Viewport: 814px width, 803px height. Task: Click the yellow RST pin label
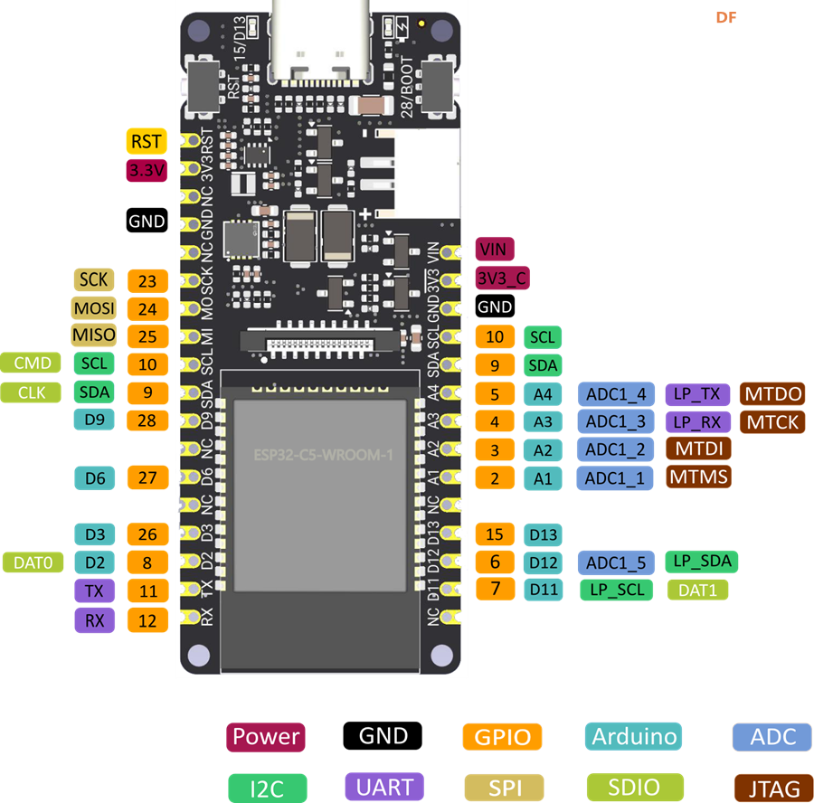tap(147, 141)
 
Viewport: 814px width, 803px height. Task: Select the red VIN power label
tap(494, 249)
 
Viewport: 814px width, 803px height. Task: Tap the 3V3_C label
tap(502, 278)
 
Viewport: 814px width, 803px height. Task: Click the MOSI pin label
tap(94, 307)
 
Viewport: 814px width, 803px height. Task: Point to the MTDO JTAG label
tap(772, 393)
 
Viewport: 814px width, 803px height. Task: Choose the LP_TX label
tap(696, 393)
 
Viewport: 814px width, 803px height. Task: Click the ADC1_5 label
tap(615, 562)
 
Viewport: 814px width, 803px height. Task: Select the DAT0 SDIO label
tap(33, 562)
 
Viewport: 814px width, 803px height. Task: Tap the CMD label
tap(33, 364)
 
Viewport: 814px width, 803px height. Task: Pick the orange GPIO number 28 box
tap(147, 420)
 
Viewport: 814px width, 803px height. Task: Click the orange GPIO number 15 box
tap(495, 534)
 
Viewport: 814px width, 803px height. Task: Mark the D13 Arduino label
tap(543, 534)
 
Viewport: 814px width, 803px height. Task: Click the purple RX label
tap(94, 619)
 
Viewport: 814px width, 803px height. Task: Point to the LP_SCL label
tap(616, 590)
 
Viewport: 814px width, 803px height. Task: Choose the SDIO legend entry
tap(634, 787)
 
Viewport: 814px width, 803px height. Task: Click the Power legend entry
tap(266, 736)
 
